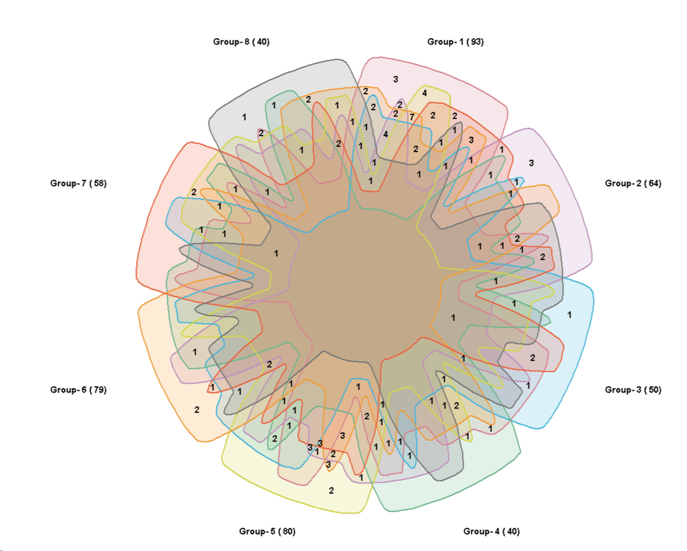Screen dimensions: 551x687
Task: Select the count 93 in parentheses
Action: click(x=475, y=42)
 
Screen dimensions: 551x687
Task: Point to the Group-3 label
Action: click(x=633, y=389)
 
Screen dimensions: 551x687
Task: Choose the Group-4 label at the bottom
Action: click(x=491, y=531)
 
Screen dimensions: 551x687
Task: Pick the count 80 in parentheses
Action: click(x=286, y=531)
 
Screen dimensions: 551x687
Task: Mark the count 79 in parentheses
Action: click(x=97, y=389)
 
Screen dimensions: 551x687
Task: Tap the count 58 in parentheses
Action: click(x=97, y=183)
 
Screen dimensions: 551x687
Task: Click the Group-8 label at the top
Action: click(x=241, y=42)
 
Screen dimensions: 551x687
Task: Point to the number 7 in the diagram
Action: click(x=412, y=117)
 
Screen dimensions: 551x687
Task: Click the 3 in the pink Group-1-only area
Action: click(x=396, y=80)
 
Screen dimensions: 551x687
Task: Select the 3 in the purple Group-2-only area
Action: click(x=531, y=163)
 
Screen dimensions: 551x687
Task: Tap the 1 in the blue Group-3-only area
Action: click(x=569, y=314)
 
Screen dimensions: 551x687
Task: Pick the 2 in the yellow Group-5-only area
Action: click(x=331, y=491)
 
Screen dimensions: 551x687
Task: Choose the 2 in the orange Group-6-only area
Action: click(x=197, y=410)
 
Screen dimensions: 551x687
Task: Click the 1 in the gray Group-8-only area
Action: click(x=244, y=117)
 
